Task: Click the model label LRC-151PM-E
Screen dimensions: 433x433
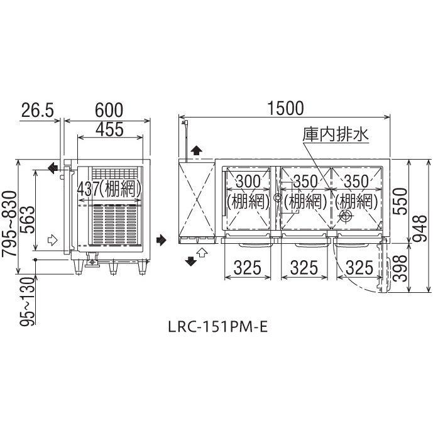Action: pos(218,327)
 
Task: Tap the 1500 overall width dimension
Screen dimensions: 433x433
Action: pos(286,108)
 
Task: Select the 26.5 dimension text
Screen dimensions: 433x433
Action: pos(37,110)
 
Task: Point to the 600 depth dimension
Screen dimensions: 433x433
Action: pos(109,110)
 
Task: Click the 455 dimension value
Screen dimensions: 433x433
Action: pos(109,129)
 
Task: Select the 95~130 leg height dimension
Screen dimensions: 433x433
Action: pos(28,302)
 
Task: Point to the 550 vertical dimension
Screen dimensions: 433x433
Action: pos(400,201)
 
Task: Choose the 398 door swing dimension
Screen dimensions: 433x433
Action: pos(400,268)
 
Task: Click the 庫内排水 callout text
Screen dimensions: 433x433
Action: pos(336,134)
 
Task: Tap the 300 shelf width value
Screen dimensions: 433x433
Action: pos(248,182)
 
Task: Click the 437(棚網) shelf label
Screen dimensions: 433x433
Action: pos(109,189)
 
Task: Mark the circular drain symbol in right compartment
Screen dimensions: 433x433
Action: pos(346,216)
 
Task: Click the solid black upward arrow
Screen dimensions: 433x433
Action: pos(196,151)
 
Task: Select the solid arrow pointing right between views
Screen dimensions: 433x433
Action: pos(162,239)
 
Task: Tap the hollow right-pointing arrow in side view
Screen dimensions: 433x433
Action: pos(52,240)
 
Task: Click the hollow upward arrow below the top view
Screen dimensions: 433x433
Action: pos(203,252)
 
